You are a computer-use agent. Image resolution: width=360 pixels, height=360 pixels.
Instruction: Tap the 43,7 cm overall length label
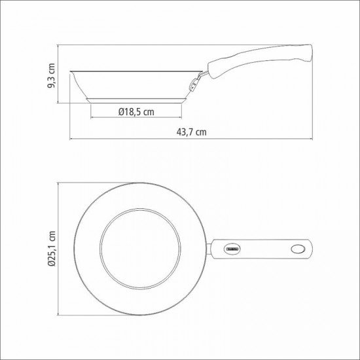click(191, 132)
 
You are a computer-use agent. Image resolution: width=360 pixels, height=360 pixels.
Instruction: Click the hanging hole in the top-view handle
click(297, 249)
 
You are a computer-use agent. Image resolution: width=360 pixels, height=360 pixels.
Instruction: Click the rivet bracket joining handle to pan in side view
click(194, 82)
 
